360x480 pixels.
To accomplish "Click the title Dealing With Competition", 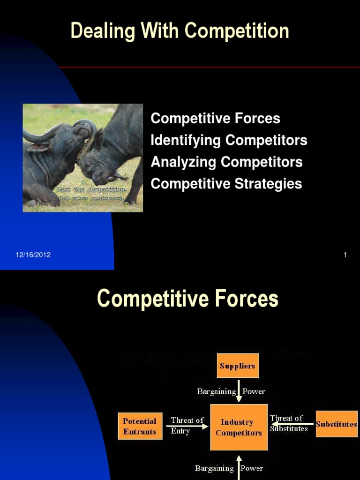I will coord(180,31).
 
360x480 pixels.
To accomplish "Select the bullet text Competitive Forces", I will coord(215,119).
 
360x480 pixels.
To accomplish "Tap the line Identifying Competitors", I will coord(229,140).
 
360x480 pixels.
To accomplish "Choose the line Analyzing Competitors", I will coord(226,162).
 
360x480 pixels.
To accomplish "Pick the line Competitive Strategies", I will coord(226,184).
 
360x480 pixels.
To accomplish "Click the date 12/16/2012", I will coord(33,255).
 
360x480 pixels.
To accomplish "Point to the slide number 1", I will coord(345,255).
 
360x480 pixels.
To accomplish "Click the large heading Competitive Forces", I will coord(187,299).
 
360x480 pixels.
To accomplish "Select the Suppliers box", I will coord(238,366).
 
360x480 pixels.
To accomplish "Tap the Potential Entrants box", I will coord(140,426).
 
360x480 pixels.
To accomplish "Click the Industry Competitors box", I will coord(239,427).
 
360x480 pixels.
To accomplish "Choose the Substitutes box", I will coord(337,424).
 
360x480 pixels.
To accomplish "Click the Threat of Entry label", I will coord(187,425).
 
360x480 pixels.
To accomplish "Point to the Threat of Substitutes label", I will coord(288,423).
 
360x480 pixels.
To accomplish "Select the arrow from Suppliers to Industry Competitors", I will coord(239,394).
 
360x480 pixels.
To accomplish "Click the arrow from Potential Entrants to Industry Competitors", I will coord(187,427).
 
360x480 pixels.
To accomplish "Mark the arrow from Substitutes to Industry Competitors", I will coord(293,424).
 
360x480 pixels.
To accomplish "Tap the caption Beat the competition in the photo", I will coord(92,189).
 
